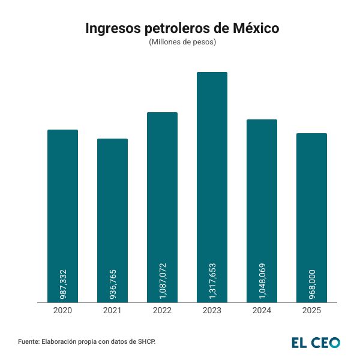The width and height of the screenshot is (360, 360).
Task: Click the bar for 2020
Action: [x=62, y=198]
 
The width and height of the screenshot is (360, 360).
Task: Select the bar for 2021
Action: [x=112, y=204]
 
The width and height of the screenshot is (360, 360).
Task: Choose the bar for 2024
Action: [x=262, y=192]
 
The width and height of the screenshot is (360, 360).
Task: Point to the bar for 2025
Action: [x=311, y=198]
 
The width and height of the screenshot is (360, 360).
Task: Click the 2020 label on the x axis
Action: [x=62, y=311]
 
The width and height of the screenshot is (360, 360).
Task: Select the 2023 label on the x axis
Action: [x=212, y=311]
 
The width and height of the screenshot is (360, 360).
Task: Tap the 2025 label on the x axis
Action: [x=311, y=311]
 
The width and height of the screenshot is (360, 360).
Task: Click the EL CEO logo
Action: [x=316, y=342]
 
